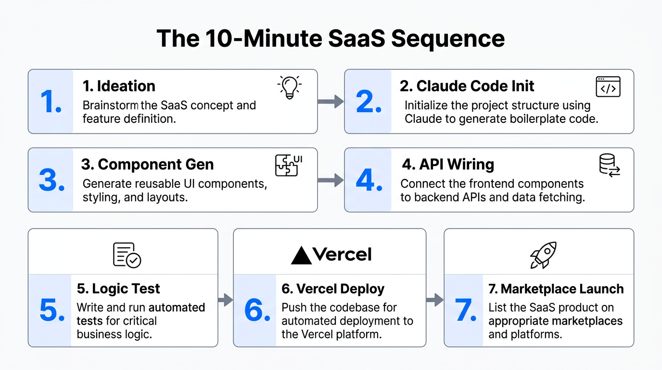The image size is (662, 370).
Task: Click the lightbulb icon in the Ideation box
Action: coord(290,87)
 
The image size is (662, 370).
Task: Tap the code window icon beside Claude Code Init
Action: coord(608,87)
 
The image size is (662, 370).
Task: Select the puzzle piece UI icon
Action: coord(288,165)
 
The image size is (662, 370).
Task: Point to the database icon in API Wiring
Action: coord(609,165)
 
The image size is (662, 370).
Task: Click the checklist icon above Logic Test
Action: coord(127,255)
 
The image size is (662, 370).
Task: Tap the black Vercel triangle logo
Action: coord(302,255)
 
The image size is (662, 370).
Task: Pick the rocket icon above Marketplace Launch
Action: coord(543,255)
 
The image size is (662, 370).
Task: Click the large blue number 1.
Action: coord(51,102)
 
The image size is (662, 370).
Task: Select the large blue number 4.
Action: coord(369,180)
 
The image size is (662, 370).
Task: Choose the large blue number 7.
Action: coord(465,311)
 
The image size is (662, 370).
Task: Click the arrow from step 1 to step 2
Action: coord(331,102)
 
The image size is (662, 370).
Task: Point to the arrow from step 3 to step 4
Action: coord(331,180)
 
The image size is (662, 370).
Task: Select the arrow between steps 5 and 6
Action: coord(225,300)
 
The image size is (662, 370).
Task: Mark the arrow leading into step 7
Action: coord(434,300)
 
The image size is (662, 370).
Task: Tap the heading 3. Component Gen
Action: coord(147,164)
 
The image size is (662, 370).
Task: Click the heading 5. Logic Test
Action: coord(118,289)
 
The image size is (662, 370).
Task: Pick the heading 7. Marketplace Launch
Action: coord(556,289)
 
